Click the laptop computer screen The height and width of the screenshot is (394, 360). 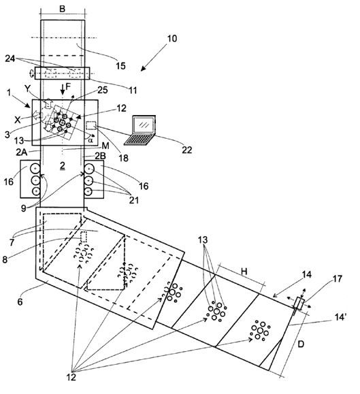[144, 125]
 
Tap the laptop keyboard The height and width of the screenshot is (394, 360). [140, 140]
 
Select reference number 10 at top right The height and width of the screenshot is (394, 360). [172, 38]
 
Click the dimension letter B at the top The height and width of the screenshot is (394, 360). [63, 9]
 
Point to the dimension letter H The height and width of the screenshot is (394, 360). [244, 272]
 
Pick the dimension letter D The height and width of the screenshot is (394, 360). [301, 344]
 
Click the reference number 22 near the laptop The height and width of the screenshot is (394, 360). [186, 150]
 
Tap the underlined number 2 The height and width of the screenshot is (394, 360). [63, 165]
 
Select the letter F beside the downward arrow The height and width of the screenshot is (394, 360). [68, 86]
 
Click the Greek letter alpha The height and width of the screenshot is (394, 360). [91, 140]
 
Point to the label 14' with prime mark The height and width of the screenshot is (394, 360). [339, 317]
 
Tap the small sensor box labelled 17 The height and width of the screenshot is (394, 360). [299, 303]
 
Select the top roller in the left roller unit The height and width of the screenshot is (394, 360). [35, 168]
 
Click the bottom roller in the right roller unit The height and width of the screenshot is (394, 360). [88, 191]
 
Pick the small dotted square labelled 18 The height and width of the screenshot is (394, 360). [91, 125]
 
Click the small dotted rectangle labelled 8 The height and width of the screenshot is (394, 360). [84, 237]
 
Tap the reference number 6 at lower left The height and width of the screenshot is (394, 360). [20, 301]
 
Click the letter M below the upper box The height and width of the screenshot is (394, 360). [105, 146]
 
